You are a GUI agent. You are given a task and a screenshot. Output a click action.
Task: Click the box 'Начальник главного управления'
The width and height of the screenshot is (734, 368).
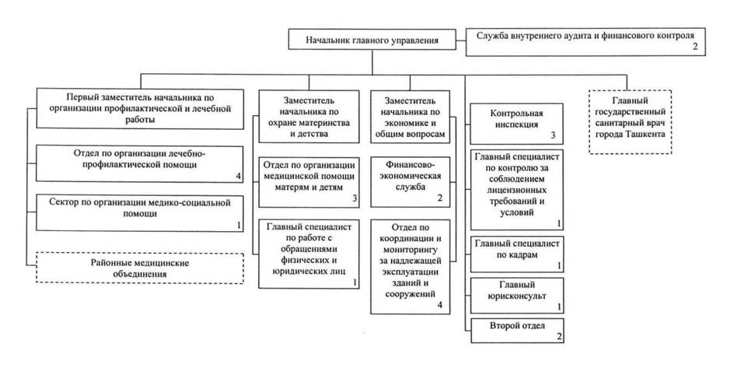pyautogui.click(x=372, y=40)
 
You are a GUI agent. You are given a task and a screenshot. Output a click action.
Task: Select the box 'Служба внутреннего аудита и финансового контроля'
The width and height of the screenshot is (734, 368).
pyautogui.click(x=585, y=42)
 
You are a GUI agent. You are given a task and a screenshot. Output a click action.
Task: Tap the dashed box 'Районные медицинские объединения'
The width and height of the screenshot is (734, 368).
pyautogui.click(x=140, y=268)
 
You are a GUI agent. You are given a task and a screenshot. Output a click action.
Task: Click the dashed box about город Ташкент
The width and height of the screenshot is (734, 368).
pyautogui.click(x=630, y=121)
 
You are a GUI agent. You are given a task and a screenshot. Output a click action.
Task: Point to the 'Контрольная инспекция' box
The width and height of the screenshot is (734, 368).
pyautogui.click(x=517, y=124)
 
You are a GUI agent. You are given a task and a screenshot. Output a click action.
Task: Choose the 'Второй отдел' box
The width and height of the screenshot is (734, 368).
pyautogui.click(x=517, y=331)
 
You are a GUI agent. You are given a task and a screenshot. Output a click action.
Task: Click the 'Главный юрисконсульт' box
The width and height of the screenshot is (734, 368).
pyautogui.click(x=517, y=296)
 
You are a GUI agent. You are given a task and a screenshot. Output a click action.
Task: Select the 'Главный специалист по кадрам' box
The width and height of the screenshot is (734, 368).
pyautogui.click(x=517, y=254)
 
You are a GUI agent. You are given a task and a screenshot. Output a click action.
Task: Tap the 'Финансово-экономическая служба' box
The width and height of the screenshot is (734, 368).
pyautogui.click(x=410, y=181)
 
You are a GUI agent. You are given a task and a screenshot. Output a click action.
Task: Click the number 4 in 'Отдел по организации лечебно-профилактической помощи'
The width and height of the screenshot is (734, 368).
pyautogui.click(x=238, y=176)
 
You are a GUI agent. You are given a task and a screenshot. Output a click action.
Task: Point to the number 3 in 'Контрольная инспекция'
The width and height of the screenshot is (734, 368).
pyautogui.click(x=553, y=136)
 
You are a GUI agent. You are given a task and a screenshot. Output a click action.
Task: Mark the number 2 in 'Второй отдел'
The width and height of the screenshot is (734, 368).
pyautogui.click(x=559, y=337)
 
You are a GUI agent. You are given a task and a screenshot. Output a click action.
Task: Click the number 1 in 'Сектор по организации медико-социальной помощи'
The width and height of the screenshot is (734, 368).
pyautogui.click(x=238, y=225)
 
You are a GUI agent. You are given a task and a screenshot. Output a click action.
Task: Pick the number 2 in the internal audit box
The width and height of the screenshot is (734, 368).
pyautogui.click(x=695, y=47)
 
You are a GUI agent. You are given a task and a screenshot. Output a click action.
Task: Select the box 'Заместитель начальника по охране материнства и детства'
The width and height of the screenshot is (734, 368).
pyautogui.click(x=309, y=117)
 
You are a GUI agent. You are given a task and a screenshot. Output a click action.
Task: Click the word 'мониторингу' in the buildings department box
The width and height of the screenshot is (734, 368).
pyautogui.click(x=410, y=250)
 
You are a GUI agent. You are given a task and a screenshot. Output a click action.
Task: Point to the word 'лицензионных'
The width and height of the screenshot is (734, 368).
pyautogui.click(x=517, y=191)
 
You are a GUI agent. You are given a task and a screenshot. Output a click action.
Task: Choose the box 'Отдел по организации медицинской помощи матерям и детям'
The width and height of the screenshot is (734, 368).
pyautogui.click(x=309, y=182)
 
